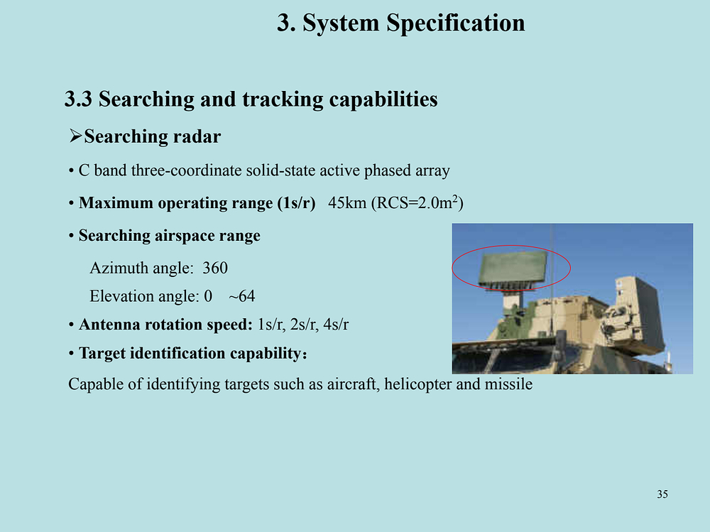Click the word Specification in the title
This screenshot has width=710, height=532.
456,23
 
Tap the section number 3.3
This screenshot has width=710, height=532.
78,99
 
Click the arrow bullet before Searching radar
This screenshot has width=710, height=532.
75,136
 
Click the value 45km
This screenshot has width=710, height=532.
347,202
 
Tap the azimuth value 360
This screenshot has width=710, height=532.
215,268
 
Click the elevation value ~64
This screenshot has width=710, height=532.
242,296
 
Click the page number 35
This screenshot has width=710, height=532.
662,494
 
